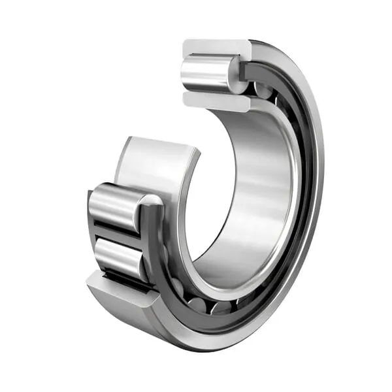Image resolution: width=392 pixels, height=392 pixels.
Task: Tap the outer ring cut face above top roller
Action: pyautogui.click(x=216, y=48)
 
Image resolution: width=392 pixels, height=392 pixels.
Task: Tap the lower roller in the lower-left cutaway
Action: pyautogui.click(x=118, y=256)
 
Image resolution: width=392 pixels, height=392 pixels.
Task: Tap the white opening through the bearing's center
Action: pyautogui.click(x=216, y=189)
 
